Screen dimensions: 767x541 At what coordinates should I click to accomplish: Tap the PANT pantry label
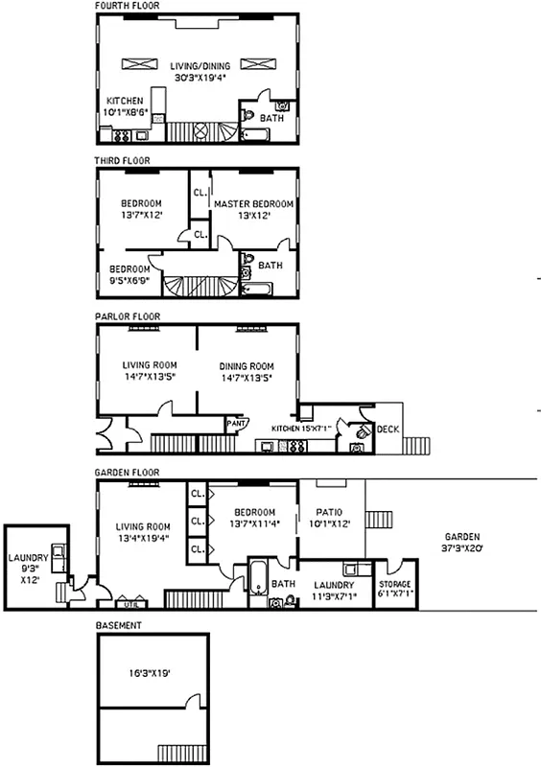235,421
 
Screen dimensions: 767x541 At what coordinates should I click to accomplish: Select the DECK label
388,430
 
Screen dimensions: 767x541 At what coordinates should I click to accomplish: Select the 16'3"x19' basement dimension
152,673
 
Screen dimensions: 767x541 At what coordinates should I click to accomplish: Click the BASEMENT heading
119,625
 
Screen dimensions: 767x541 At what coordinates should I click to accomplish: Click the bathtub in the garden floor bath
258,578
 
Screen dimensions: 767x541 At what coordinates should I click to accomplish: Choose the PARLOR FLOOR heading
127,315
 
